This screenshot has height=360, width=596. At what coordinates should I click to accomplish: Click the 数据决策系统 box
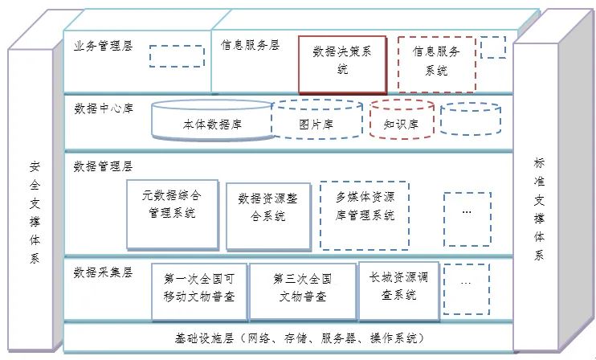342,64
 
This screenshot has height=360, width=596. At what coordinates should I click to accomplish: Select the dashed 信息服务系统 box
437,64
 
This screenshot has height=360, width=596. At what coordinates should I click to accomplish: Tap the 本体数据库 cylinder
212,120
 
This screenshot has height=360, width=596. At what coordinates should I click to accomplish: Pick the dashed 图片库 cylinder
317,119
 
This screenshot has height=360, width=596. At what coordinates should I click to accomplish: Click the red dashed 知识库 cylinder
402,120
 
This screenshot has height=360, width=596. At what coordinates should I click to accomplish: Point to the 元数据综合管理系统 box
173,215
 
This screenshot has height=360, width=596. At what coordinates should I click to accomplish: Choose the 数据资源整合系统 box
268,216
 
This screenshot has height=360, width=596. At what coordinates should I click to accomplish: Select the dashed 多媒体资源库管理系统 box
365,215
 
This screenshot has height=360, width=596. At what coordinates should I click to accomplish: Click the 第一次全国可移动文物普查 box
199,292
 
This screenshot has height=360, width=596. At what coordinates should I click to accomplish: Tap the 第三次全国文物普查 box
303,292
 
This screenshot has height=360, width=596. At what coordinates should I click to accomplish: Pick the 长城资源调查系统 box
398,291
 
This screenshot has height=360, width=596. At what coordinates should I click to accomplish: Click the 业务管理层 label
103,47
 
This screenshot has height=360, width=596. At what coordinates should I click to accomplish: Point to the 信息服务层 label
250,45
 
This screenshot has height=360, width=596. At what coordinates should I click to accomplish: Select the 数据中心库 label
104,108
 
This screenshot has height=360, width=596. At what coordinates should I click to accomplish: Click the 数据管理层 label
103,166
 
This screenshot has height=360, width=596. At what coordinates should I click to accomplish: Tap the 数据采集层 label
103,272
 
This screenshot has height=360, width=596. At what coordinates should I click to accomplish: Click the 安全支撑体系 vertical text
35,212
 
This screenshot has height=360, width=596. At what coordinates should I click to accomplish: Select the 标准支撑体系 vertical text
539,209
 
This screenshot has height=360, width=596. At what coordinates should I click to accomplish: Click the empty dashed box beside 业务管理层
177,56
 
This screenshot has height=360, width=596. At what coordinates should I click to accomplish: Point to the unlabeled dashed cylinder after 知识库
471,118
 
